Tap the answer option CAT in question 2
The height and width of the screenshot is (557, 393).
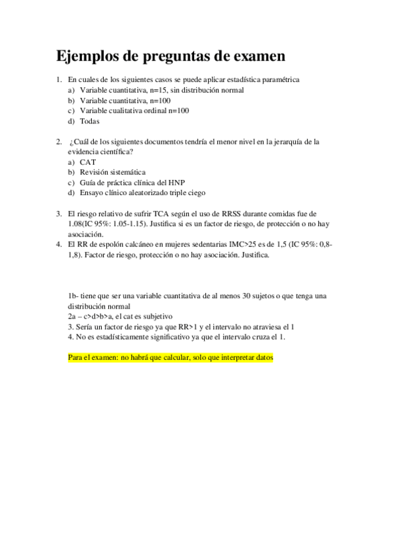[88, 162]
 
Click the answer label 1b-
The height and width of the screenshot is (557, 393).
[73, 296]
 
